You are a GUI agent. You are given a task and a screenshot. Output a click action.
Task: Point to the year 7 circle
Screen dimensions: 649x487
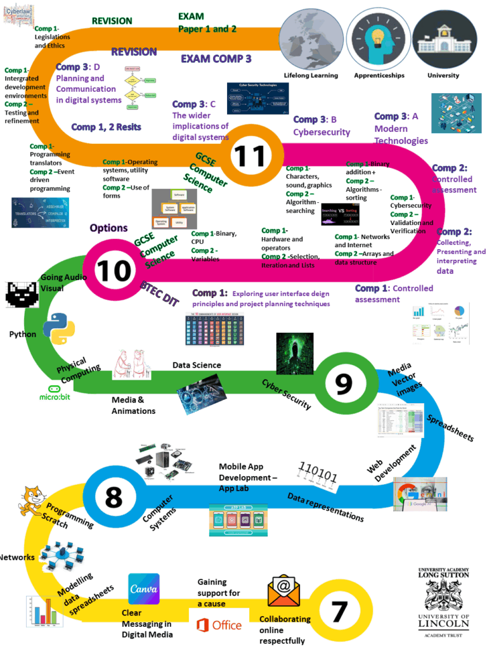point(340,611)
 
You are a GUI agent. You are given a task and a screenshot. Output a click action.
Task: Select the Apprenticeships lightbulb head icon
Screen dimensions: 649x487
point(379,37)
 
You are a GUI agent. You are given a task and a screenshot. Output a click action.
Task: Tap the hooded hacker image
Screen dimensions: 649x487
point(295,352)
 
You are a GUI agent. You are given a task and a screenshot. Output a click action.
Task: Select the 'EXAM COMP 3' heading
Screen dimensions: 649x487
point(216,59)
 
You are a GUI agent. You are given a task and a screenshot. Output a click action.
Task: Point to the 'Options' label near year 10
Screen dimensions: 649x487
point(108,228)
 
